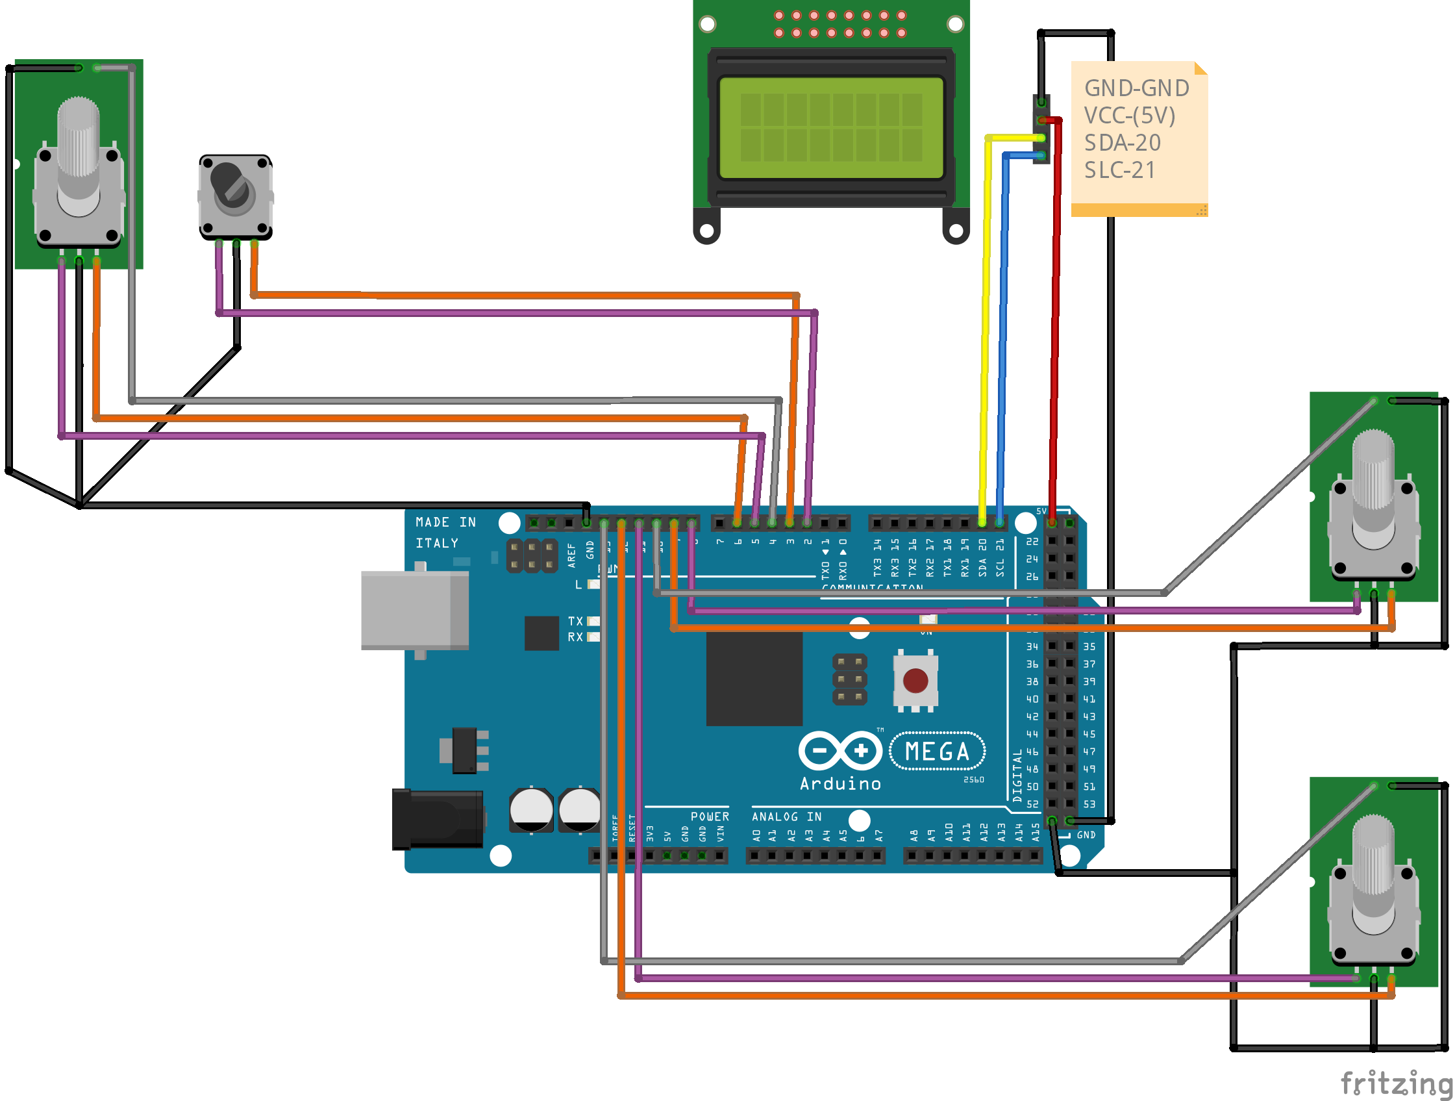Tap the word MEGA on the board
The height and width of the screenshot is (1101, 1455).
click(937, 751)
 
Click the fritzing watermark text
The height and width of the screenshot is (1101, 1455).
click(1395, 1082)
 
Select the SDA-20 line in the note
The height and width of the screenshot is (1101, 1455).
click(1122, 143)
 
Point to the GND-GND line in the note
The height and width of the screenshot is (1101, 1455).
click(1136, 88)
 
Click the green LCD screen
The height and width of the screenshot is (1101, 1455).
click(831, 128)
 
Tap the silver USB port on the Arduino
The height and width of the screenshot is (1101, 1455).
click(414, 610)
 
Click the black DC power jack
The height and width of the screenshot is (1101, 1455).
click(438, 818)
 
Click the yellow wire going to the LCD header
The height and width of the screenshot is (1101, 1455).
click(986, 329)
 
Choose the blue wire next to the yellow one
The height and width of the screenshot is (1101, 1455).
click(1003, 329)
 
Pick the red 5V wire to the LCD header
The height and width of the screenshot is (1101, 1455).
click(1055, 329)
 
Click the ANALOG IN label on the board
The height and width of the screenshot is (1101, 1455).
click(786, 816)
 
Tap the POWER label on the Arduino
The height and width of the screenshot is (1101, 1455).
click(709, 816)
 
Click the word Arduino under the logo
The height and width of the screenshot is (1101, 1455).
click(840, 783)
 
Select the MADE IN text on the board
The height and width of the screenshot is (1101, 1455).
click(445, 522)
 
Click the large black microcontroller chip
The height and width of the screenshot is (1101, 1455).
click(754, 679)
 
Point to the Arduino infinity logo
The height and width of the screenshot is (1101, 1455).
click(840, 750)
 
